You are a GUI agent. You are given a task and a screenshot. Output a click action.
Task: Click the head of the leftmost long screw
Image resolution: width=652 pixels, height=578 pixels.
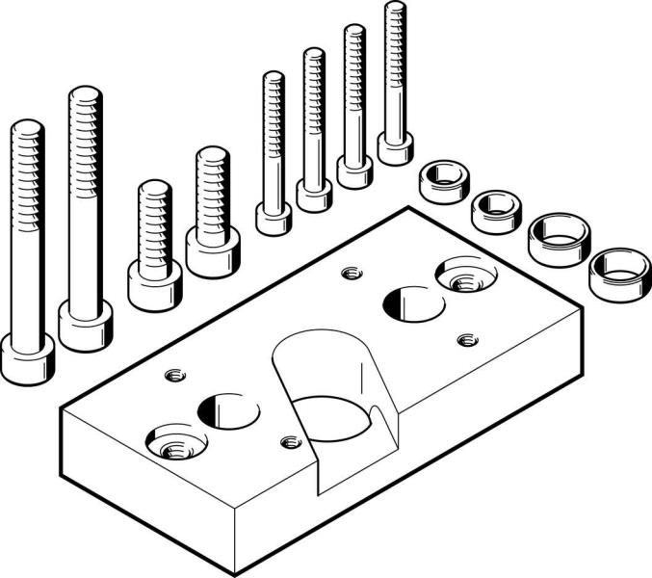pos(26,357)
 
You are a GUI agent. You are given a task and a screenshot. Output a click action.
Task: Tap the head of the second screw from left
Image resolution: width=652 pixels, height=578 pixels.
pos(86,325)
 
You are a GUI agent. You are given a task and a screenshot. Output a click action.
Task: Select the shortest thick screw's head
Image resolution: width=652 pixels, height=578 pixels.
pos(154,285)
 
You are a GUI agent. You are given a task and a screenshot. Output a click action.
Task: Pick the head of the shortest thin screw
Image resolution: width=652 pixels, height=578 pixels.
pos(274,219)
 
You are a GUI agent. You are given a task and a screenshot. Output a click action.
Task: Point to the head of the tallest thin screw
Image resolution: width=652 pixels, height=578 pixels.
pos(395,148)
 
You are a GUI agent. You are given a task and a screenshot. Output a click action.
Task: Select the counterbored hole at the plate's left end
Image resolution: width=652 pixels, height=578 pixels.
pos(175,444)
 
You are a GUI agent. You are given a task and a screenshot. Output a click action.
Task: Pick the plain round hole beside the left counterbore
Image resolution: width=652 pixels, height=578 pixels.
pos(228,410)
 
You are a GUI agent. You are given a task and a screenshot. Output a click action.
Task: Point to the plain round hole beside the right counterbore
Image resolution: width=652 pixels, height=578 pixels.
pos(413,304)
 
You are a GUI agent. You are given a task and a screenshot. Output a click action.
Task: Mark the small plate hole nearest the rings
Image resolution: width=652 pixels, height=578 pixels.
pos(467,339)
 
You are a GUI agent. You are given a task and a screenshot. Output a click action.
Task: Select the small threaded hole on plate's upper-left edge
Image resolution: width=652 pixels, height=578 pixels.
pos(174,374)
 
